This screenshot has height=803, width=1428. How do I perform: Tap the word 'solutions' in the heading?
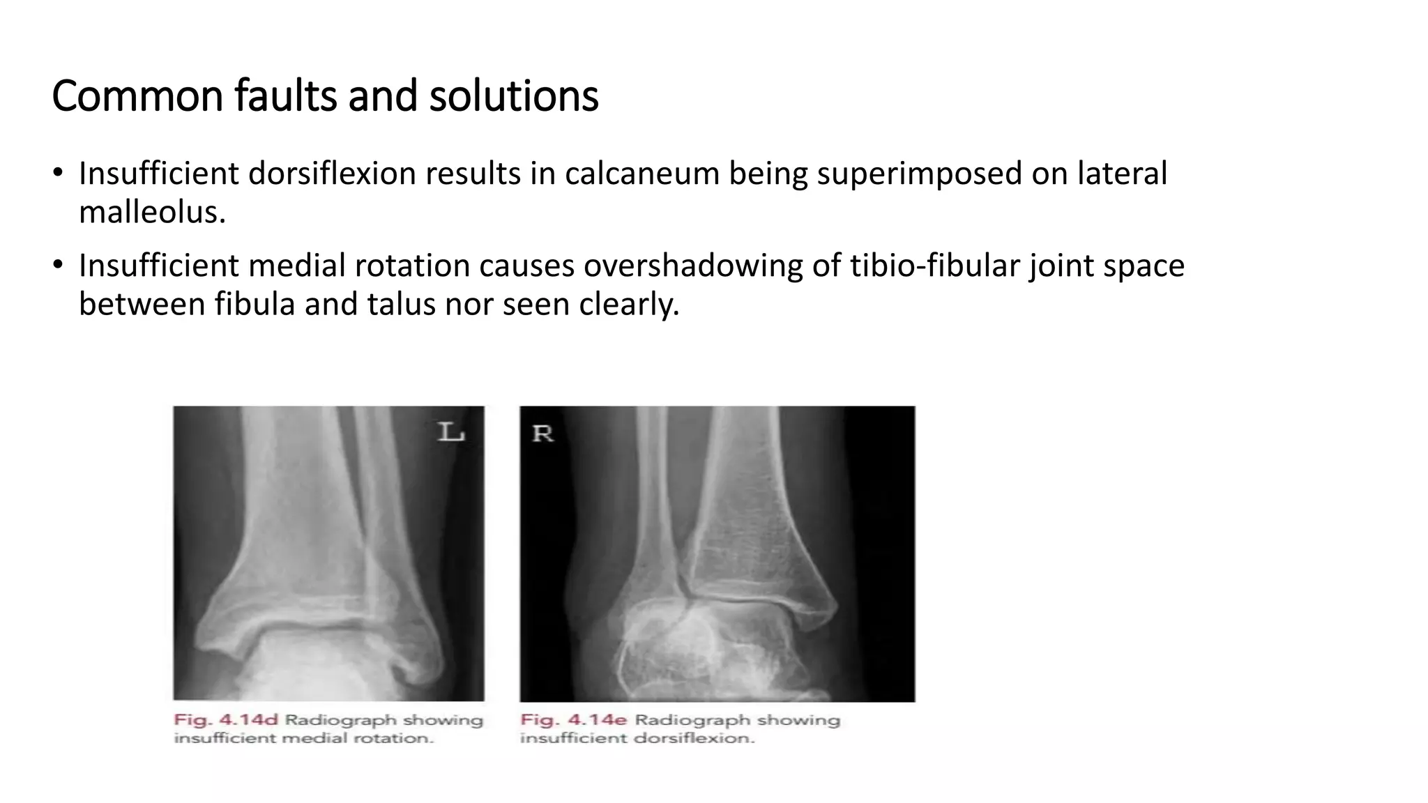coord(513,96)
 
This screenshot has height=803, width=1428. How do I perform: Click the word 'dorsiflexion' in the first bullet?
coord(332,174)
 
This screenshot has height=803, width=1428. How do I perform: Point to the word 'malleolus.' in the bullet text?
coord(152,212)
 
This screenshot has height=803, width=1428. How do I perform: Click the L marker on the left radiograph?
coord(450,432)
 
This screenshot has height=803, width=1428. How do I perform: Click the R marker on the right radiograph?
coord(542,434)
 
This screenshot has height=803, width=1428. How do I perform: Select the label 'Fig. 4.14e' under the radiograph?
coord(573,720)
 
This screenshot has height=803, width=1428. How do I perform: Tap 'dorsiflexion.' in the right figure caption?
coord(695,738)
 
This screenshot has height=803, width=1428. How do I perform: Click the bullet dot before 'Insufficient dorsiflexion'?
coord(58,174)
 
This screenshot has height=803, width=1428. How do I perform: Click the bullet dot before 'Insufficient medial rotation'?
coord(58,266)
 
